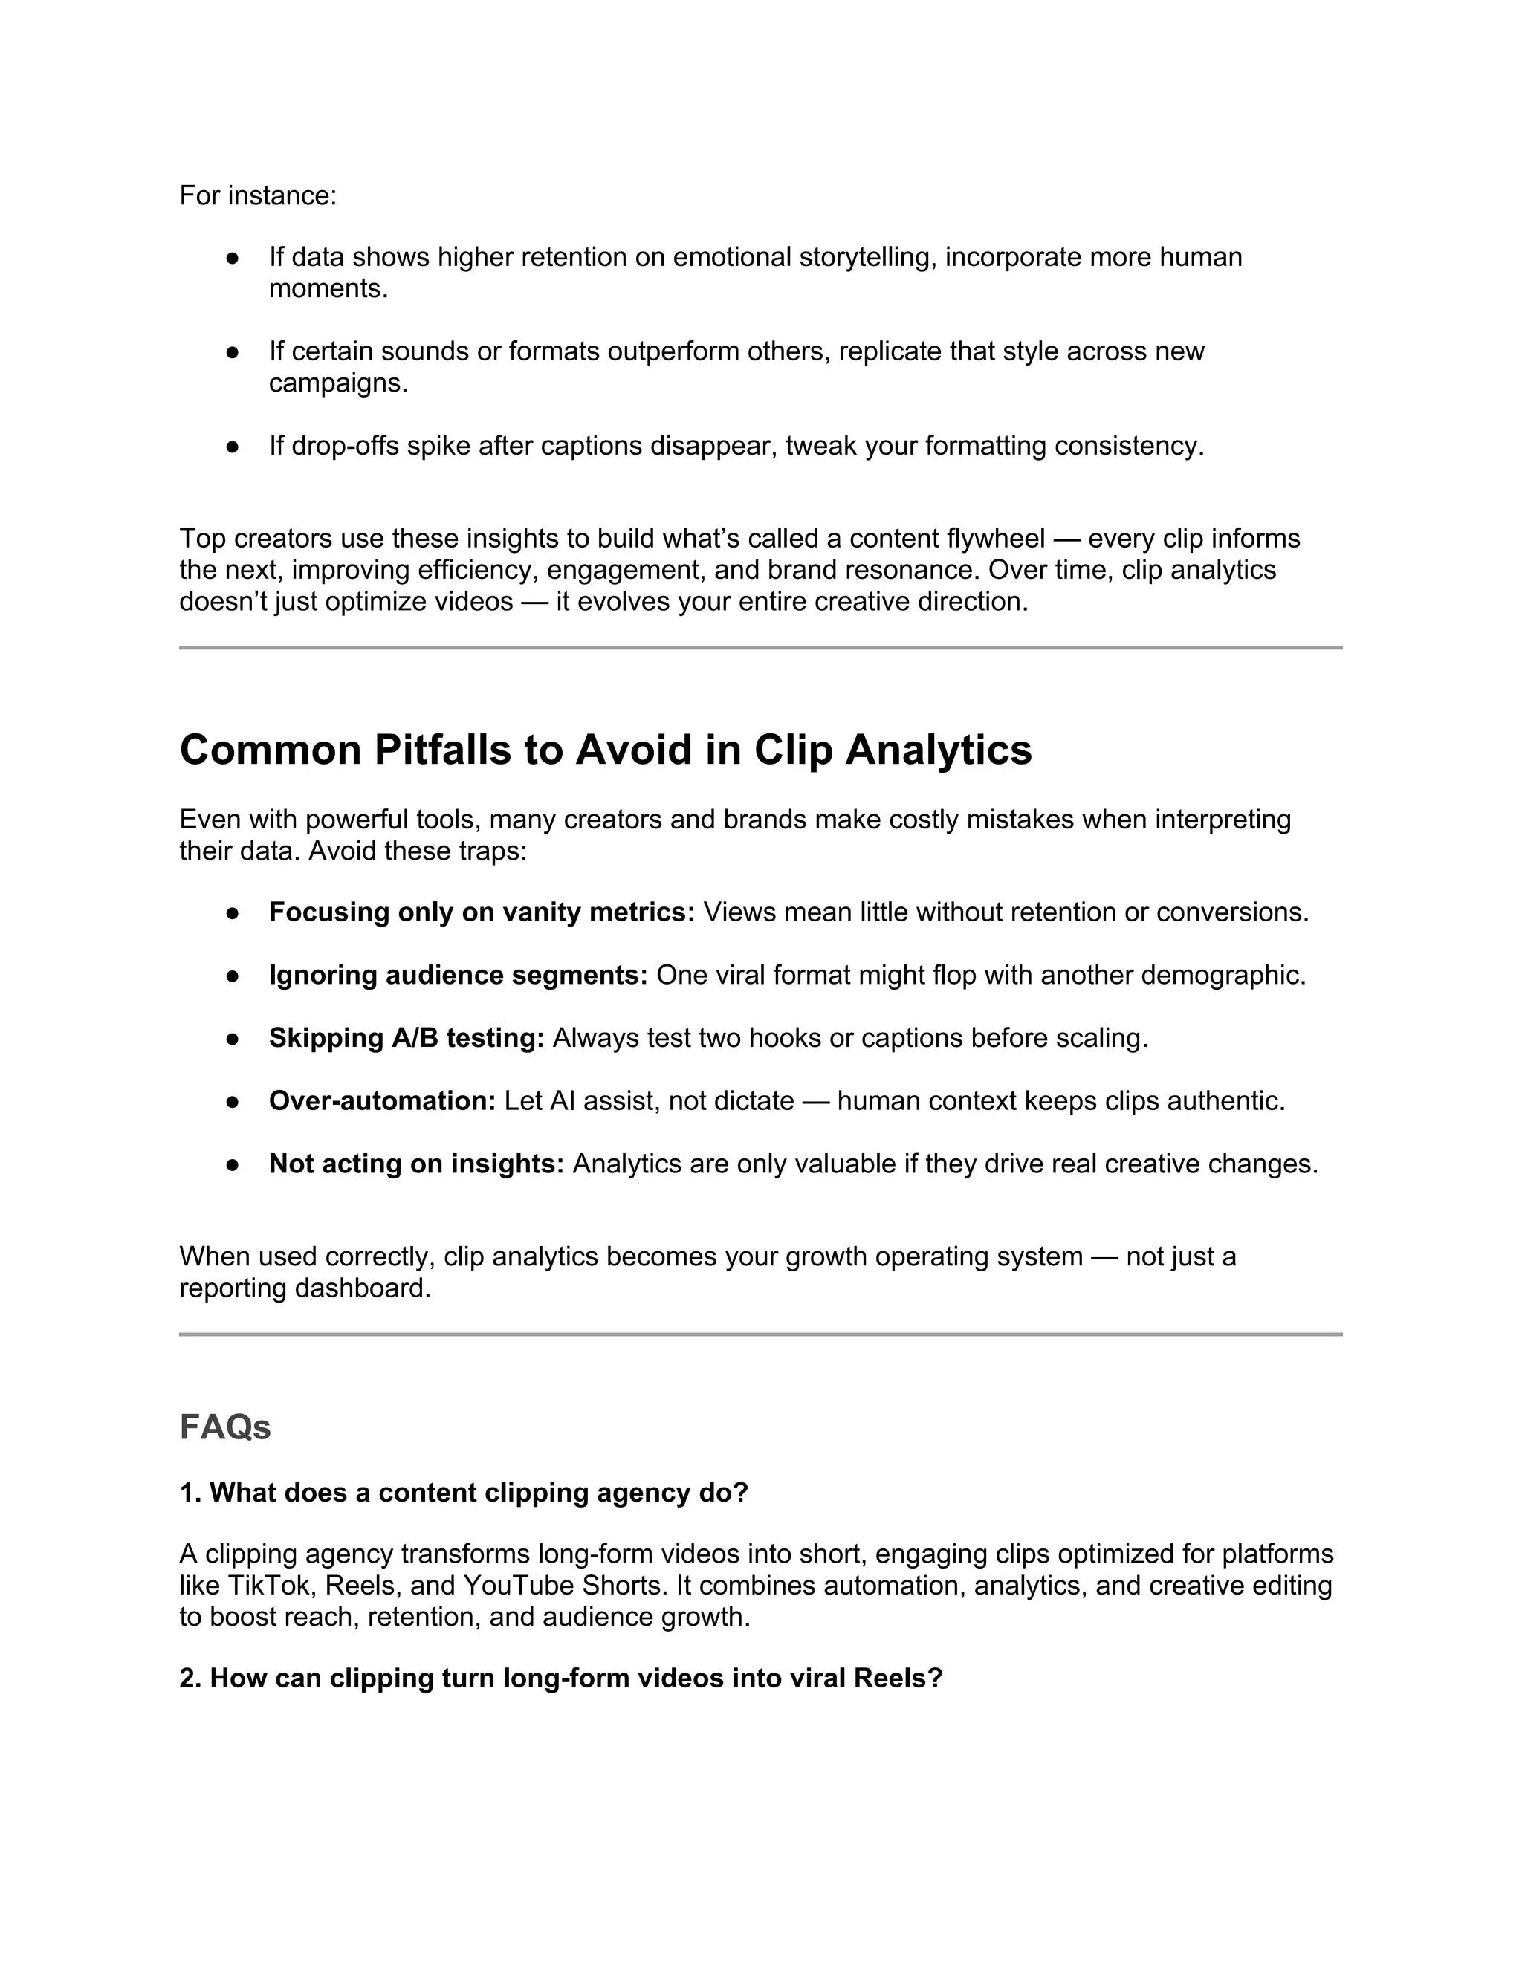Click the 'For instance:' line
click(x=258, y=195)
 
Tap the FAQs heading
click(x=224, y=1427)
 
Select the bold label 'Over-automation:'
click(x=382, y=1101)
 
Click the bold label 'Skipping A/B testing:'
click(x=407, y=1038)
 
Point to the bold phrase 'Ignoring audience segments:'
click(x=458, y=975)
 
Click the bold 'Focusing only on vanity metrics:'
click(x=482, y=912)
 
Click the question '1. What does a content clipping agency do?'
click(x=464, y=1492)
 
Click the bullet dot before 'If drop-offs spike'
click(x=233, y=447)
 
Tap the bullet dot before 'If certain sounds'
click(x=233, y=351)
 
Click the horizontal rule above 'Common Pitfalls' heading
click(x=760, y=647)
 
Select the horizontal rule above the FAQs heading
click(x=760, y=1334)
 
